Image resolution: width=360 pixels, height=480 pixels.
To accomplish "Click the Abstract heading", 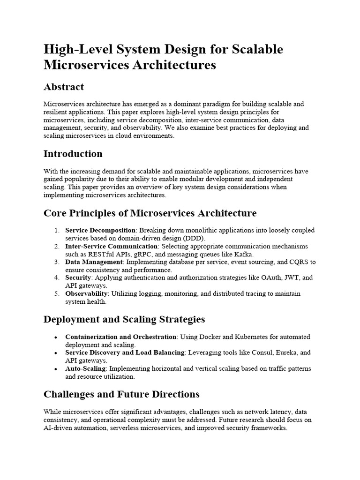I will pyautogui.click(x=64, y=87).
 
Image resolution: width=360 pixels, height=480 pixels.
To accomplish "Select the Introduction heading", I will pyautogui.click(x=73, y=154).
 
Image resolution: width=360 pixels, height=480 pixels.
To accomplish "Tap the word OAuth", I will pyautogui.click(x=267, y=277).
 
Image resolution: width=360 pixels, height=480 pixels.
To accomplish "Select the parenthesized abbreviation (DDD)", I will pyautogui.click(x=187, y=238).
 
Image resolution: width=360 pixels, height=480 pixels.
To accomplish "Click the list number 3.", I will pyautogui.click(x=57, y=262).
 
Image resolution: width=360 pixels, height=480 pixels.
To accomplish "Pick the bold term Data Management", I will pyautogui.click(x=94, y=262).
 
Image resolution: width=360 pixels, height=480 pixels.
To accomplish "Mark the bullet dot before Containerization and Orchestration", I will pyautogui.click(x=56, y=337).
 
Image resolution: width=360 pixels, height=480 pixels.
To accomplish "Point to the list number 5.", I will pyautogui.click(x=57, y=293).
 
